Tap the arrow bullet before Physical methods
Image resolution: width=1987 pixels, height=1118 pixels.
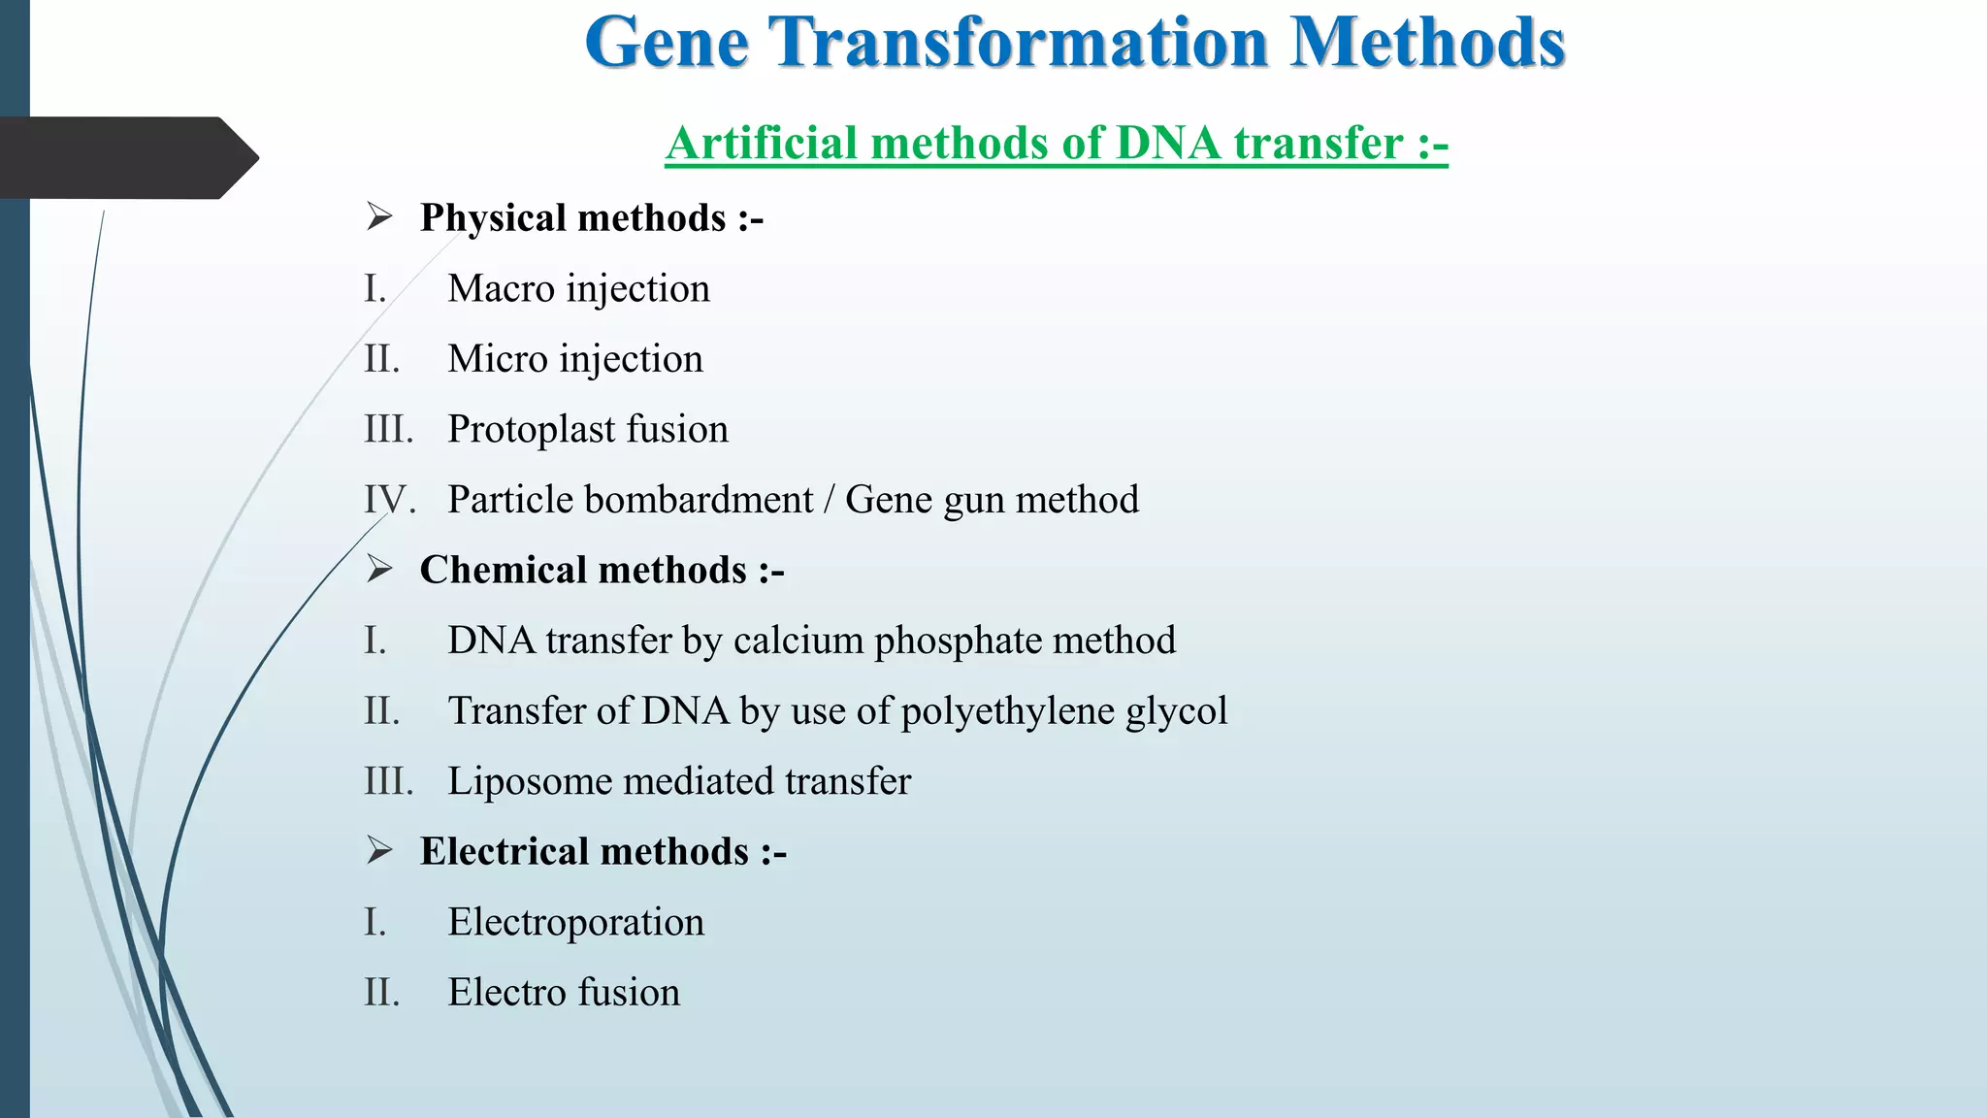tap(379, 216)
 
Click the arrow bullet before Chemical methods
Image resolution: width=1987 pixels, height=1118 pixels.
tap(379, 569)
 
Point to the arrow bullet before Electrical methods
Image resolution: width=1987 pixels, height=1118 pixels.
tap(379, 850)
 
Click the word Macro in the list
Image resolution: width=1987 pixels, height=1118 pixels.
tap(501, 288)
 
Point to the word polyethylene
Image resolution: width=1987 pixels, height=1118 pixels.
tap(1007, 711)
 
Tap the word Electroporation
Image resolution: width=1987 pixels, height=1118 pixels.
tap(575, 922)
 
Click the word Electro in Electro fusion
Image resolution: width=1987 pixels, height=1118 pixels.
tap(506, 992)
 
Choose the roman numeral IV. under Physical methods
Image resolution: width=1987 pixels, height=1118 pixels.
tap(389, 500)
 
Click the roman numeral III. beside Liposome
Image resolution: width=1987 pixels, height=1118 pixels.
tap(388, 781)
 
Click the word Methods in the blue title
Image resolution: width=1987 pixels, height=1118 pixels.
tap(1428, 43)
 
